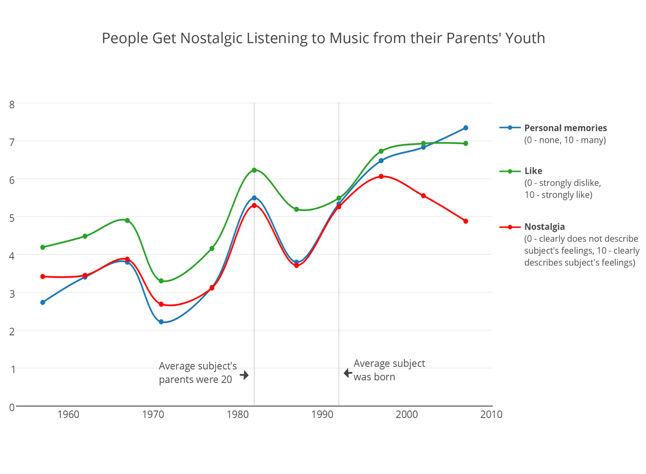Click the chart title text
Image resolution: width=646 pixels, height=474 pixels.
point(323,38)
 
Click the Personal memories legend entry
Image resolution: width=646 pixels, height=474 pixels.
point(565,128)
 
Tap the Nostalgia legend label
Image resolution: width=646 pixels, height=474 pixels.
point(544,227)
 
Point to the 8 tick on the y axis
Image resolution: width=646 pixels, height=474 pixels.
point(11,103)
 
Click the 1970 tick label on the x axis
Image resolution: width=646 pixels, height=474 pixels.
point(153,415)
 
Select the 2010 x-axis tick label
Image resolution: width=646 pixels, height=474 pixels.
point(491,415)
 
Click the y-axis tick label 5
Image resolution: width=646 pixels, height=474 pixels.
point(11,217)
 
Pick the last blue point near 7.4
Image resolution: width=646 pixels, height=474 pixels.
point(466,128)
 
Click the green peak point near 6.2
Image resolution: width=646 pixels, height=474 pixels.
point(254,170)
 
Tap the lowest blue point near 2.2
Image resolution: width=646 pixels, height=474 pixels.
point(161,322)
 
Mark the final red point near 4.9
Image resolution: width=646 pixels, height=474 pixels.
point(466,221)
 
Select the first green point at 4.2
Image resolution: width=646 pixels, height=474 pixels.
point(43,247)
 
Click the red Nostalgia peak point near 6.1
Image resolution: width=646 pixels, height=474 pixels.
point(381,176)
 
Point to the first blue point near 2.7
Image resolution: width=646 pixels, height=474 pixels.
point(43,302)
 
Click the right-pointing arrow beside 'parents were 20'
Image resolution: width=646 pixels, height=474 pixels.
point(244,375)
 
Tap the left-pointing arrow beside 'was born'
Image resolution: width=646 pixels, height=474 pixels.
point(348,373)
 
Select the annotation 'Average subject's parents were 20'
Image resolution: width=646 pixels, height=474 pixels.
point(198,373)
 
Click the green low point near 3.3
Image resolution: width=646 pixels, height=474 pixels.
point(161,281)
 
